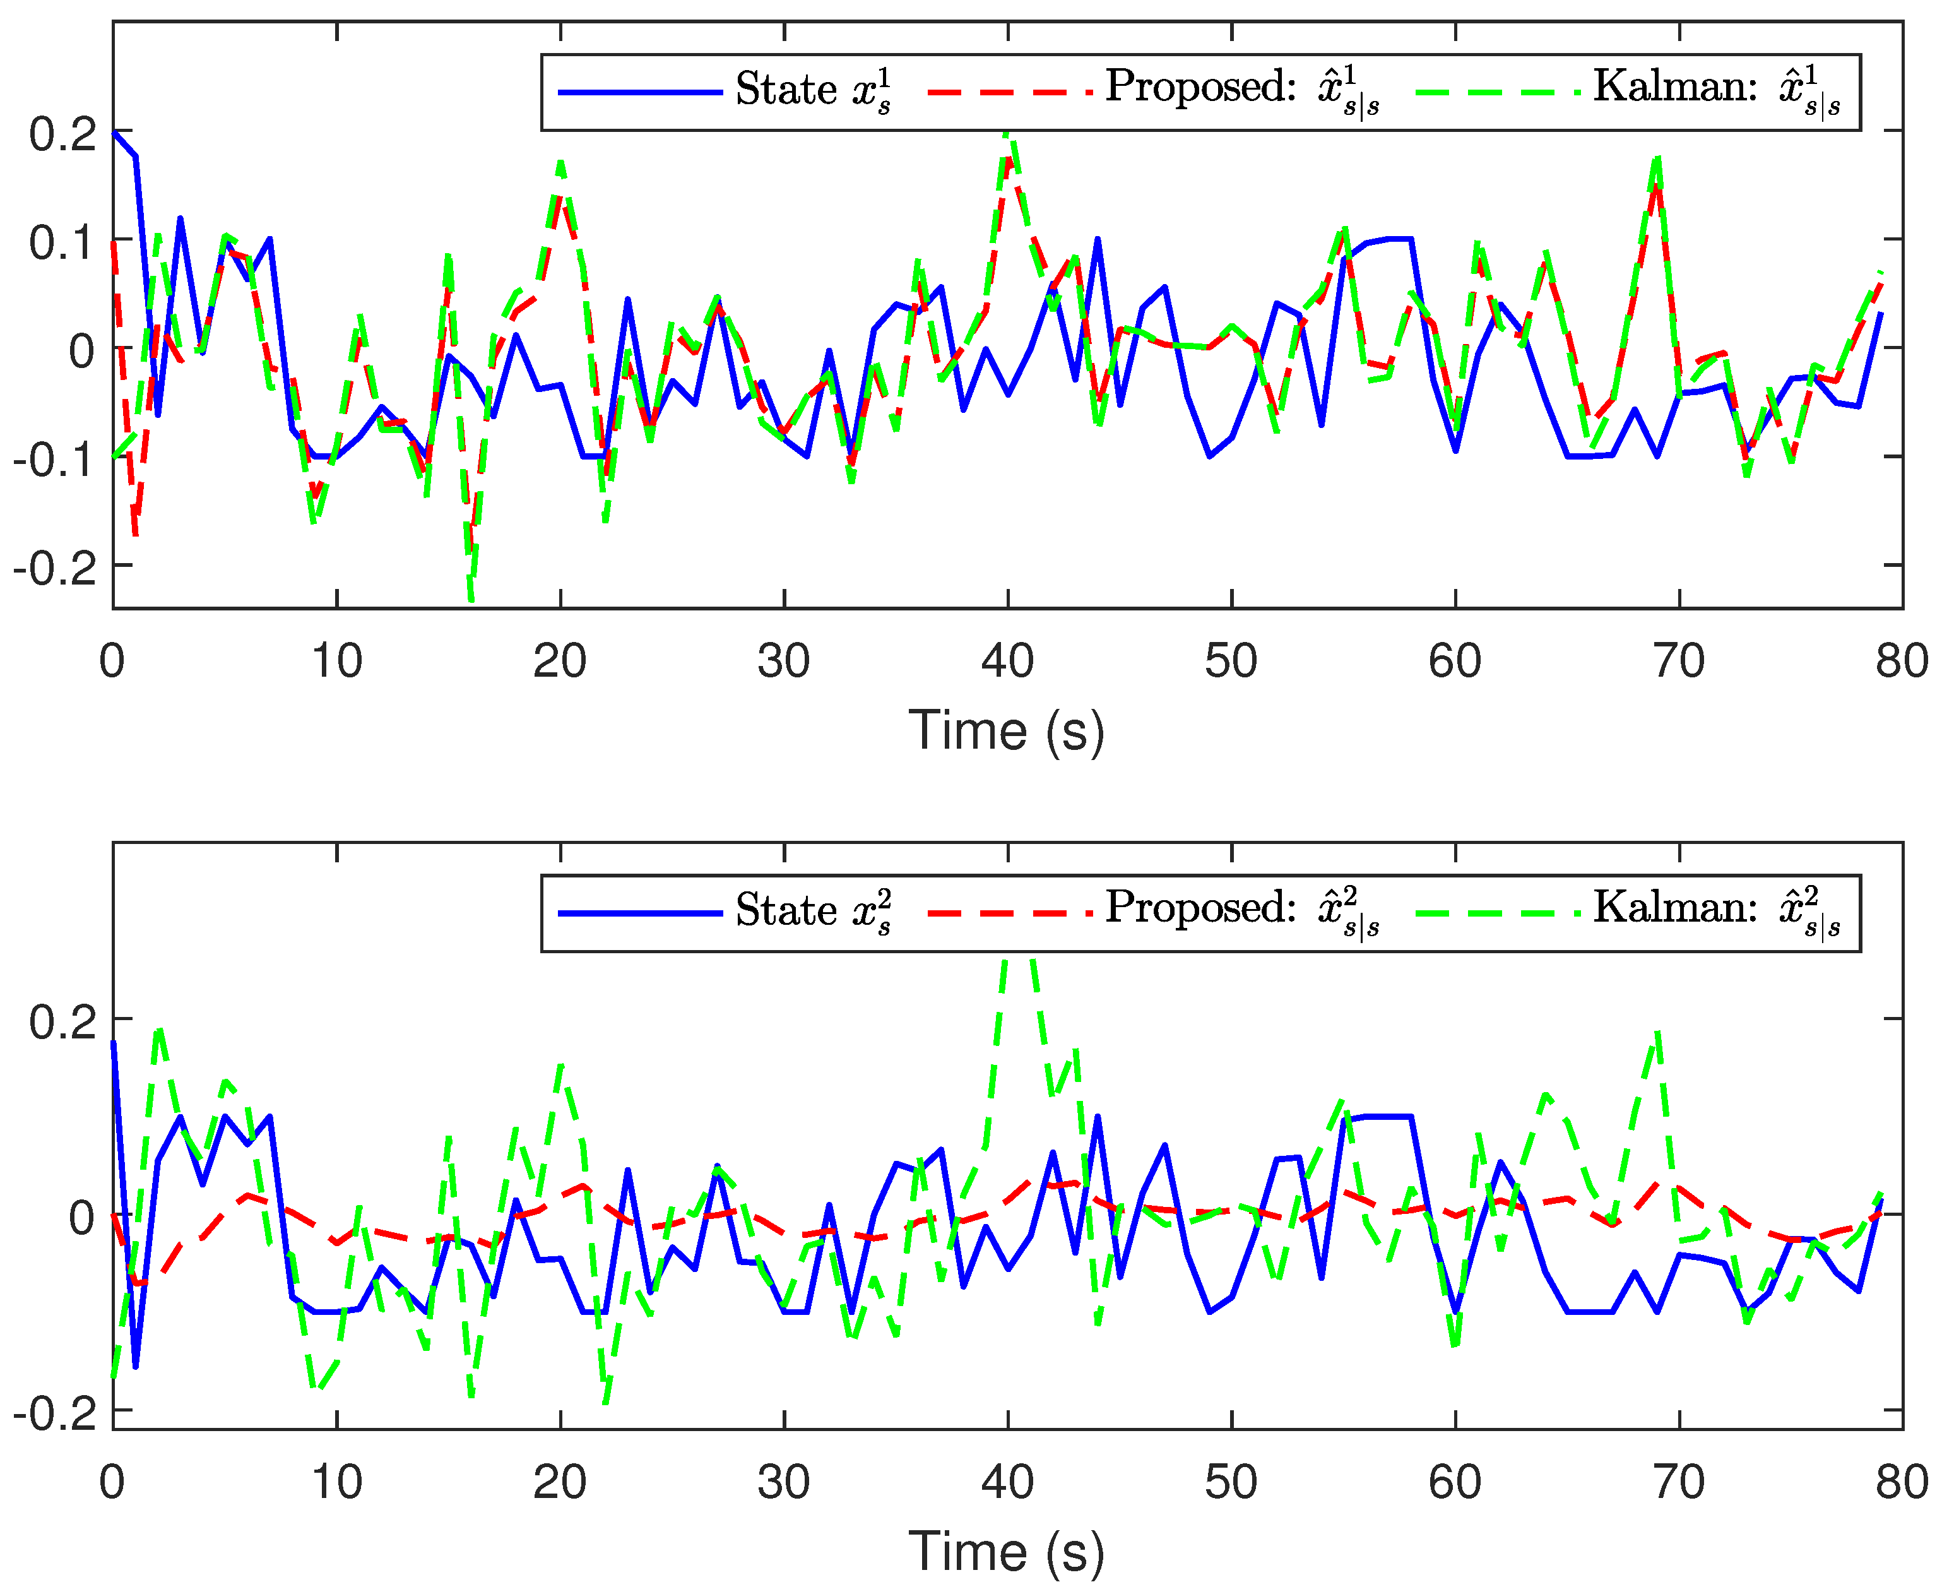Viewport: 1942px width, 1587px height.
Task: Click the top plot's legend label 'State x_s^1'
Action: coord(812,90)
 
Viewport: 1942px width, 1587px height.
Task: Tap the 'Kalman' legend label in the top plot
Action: coord(1716,88)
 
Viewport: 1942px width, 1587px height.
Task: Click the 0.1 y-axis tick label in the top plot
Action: coord(62,243)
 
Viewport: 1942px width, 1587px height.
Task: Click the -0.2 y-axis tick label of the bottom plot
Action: coord(55,1413)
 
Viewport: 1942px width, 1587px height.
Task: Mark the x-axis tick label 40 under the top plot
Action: coord(1007,661)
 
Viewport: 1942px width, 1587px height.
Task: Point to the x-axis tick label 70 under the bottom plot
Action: coord(1679,1482)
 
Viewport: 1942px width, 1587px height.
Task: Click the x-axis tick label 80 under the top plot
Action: coord(1902,661)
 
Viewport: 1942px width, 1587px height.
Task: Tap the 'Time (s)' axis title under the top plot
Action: coord(1007,732)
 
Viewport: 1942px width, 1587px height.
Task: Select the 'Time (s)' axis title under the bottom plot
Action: coord(1007,1552)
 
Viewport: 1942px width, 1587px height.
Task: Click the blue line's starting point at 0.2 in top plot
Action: coord(114,132)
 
